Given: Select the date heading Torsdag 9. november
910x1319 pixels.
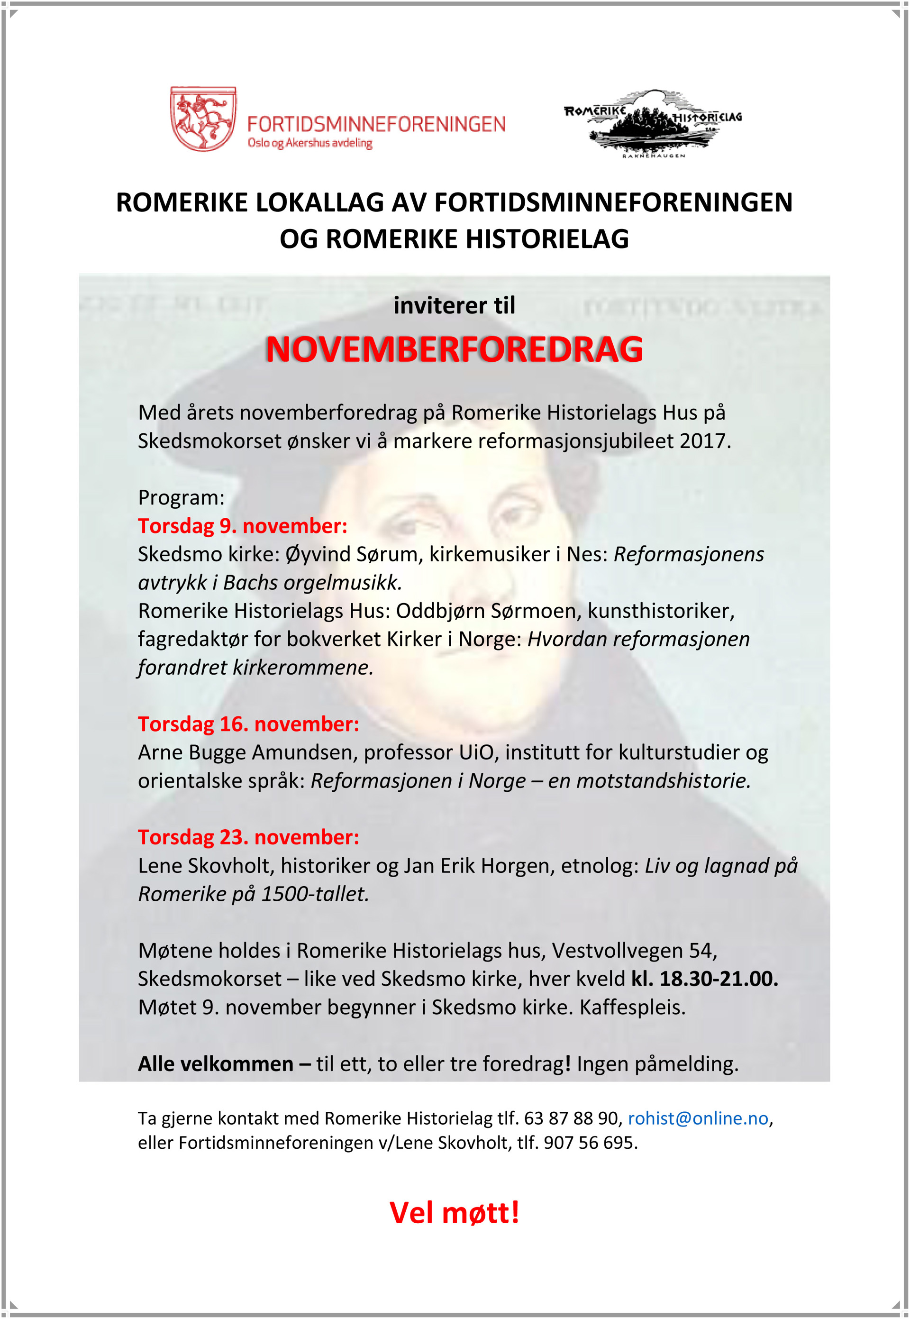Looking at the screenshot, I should (242, 526).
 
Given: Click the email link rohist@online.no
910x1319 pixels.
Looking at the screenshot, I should (698, 1118).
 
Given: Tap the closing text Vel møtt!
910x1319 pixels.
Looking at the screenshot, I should (454, 1212).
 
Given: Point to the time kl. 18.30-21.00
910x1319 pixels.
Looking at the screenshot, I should (704, 979).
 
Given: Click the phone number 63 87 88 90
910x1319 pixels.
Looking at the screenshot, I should (571, 1118).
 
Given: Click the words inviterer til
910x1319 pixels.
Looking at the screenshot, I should (454, 306).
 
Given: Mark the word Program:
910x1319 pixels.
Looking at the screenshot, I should (181, 498).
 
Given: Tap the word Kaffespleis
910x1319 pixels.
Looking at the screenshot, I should (632, 1007).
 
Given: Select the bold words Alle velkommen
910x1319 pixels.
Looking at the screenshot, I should (216, 1063).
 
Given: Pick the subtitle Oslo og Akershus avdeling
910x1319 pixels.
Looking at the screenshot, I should (309, 143).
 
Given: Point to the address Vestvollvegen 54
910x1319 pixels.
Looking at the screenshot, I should (634, 951).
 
